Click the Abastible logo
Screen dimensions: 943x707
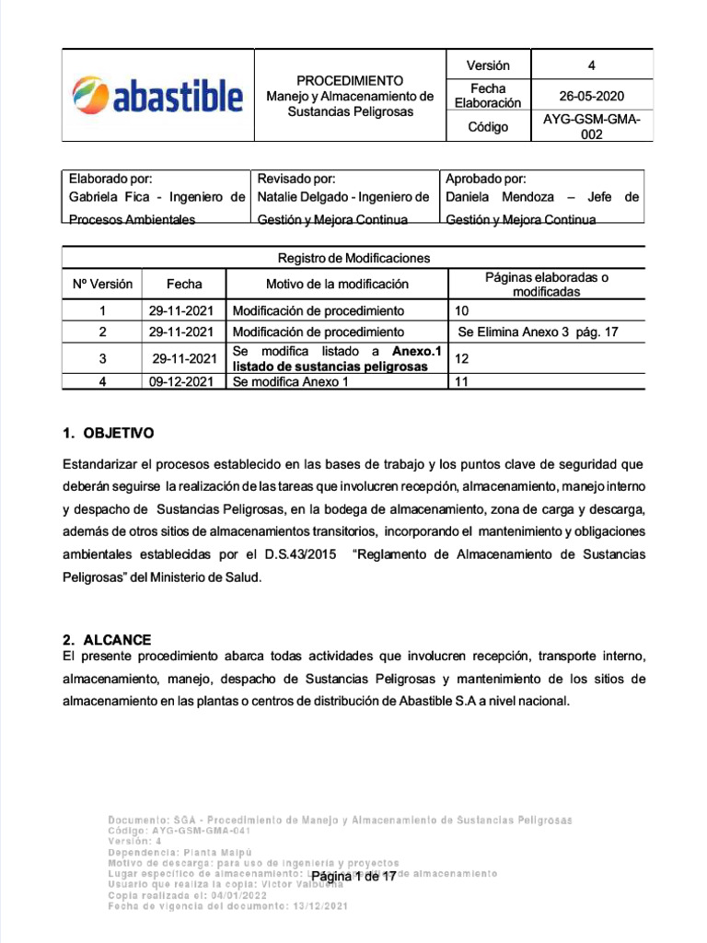pyautogui.click(x=157, y=95)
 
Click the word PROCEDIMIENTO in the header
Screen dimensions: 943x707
pyautogui.click(x=349, y=80)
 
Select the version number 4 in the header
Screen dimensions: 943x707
pyautogui.click(x=592, y=65)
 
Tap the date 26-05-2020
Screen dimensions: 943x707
pyautogui.click(x=592, y=96)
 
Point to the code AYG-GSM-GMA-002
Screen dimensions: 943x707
pyautogui.click(x=592, y=127)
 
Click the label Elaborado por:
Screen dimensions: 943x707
pyautogui.click(x=111, y=179)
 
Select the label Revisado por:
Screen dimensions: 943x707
pyautogui.click(x=296, y=179)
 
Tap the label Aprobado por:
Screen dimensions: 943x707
pyautogui.click(x=486, y=179)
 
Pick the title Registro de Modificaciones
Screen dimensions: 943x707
pyautogui.click(x=353, y=258)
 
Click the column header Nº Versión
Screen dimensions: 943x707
pyautogui.click(x=102, y=284)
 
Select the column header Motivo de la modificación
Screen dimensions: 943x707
pyautogui.click(x=337, y=284)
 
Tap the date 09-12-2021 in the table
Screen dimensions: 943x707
pyautogui.click(x=181, y=381)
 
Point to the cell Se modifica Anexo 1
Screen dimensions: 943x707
pyautogui.click(x=291, y=381)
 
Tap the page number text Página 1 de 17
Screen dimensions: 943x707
pyautogui.click(x=353, y=877)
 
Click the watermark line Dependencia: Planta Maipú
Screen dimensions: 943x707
pyautogui.click(x=180, y=852)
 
